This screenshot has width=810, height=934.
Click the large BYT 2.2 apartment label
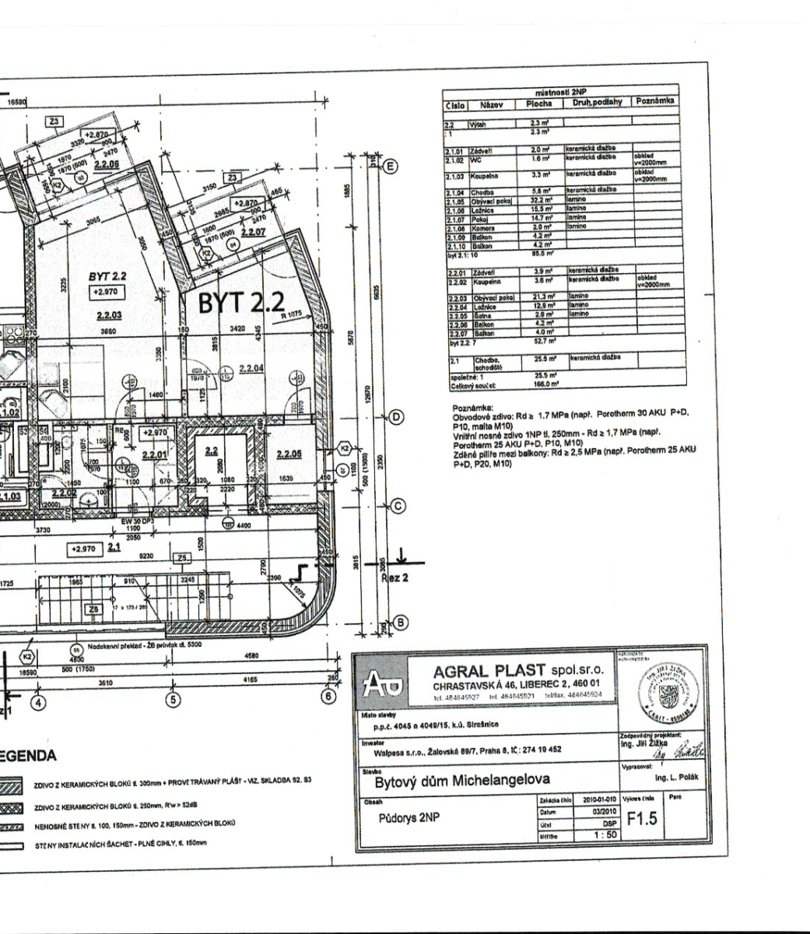241,304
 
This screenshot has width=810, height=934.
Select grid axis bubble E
391,166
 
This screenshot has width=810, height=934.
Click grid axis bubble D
396,418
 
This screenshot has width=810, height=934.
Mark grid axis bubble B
401,622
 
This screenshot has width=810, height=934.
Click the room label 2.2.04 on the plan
250,368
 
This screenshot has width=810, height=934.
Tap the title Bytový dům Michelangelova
462,780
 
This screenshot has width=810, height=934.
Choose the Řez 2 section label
394,578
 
